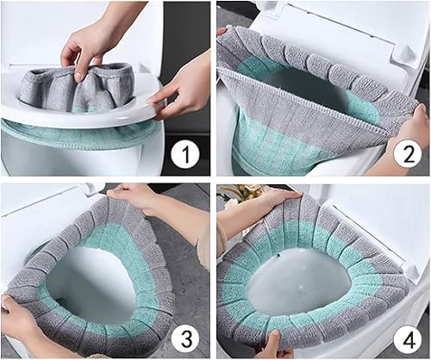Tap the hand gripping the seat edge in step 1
[177, 96]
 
